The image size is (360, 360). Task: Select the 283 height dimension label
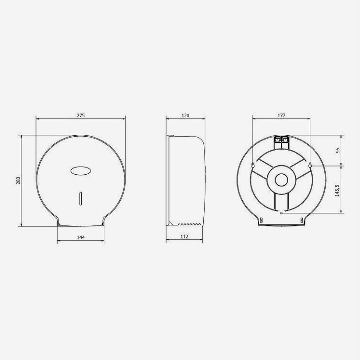pos(18,181)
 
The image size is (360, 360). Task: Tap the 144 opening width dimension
pos(81,237)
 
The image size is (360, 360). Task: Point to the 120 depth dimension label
pos(186,115)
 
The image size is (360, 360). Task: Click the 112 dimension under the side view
pos(184,236)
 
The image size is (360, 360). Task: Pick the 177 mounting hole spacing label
pos(281,115)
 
